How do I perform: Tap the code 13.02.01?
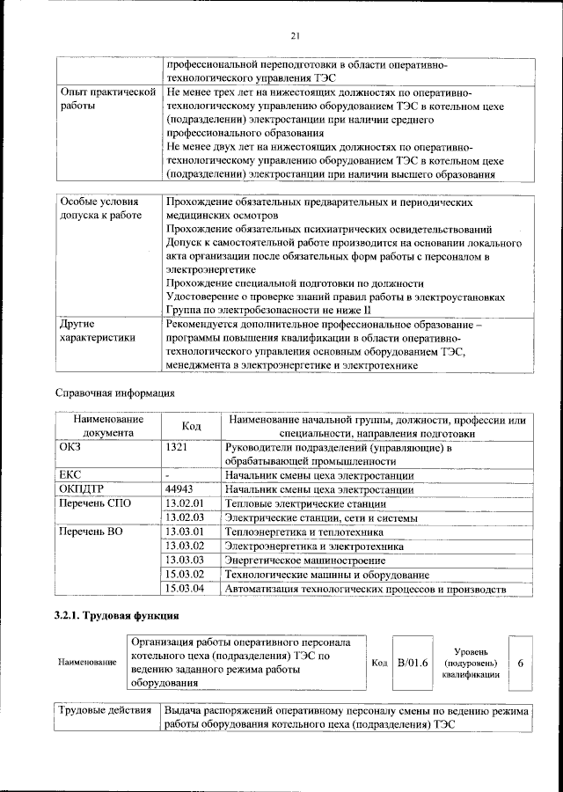(x=185, y=503)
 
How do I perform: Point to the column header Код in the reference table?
(x=192, y=426)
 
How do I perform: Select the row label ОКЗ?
(x=70, y=448)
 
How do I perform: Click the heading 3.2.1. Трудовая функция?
(x=117, y=615)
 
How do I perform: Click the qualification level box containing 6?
(x=521, y=663)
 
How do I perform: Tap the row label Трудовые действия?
(x=104, y=711)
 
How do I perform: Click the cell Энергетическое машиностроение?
(x=292, y=560)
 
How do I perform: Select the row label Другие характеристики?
(x=96, y=330)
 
